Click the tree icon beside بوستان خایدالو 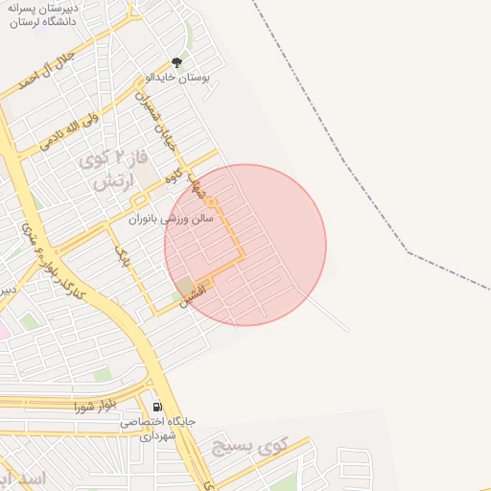click(175, 62)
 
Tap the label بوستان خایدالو click(177, 77)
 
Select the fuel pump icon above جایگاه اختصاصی click(156, 407)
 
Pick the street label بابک click(122, 253)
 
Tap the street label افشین click(193, 293)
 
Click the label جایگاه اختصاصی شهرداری click(158, 428)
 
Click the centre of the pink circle click(245, 245)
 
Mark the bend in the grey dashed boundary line click(409, 253)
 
